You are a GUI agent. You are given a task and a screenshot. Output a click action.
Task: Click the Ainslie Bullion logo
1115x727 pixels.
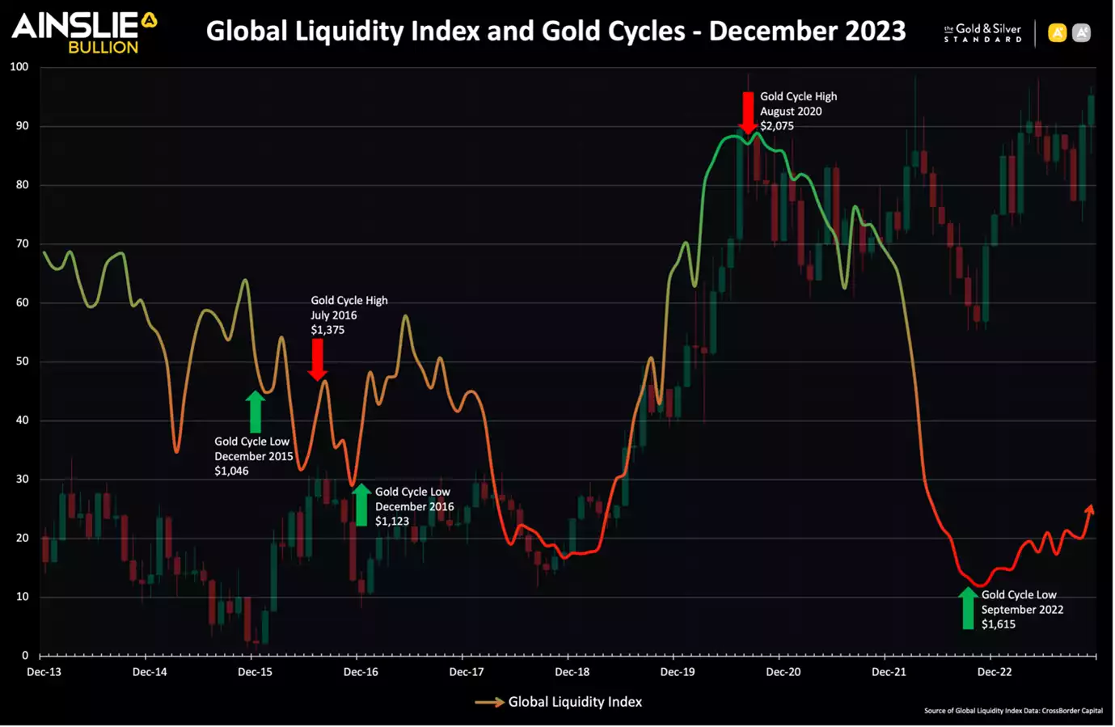pos(83,32)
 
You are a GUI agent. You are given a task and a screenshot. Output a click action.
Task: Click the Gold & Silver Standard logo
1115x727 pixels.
pos(982,33)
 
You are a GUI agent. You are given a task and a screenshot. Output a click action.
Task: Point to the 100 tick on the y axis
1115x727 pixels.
pos(19,67)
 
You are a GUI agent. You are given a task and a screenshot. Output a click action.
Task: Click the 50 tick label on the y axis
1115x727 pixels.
pos(22,361)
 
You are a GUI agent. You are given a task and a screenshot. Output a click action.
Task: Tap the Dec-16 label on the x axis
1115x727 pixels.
pos(361,672)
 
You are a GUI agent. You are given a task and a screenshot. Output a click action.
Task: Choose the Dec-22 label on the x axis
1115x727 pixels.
pos(994,672)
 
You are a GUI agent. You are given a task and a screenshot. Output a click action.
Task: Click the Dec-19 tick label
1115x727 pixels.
pos(677,672)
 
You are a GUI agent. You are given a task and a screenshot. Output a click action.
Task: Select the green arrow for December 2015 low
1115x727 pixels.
pos(256,412)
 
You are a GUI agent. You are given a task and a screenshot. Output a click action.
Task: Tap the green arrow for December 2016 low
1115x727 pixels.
pos(361,505)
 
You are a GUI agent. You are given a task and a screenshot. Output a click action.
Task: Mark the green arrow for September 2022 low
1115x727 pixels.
pos(968,608)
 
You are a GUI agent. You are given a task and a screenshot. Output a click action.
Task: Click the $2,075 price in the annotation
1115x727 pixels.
pos(777,126)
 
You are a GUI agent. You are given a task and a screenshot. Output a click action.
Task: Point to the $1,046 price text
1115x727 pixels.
pos(231,471)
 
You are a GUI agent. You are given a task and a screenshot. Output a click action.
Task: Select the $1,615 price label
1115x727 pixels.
pos(999,624)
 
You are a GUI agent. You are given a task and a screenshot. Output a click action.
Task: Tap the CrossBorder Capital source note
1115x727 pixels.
pos(1013,711)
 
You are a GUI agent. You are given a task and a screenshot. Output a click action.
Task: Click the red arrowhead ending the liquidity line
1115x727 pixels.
pos(1090,509)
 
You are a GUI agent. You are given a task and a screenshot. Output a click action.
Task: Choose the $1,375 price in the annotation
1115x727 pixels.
pos(327,330)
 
